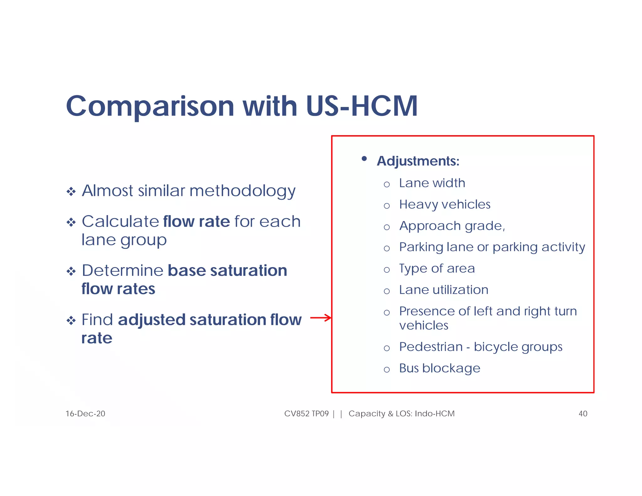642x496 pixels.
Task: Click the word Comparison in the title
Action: [x=150, y=107]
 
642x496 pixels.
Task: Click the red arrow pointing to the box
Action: [x=320, y=318]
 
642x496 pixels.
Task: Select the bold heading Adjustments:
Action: [x=418, y=161]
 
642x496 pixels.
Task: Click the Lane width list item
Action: [x=432, y=183]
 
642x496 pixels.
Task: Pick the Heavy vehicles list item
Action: [x=445, y=204]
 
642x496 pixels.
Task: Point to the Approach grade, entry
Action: [x=452, y=226]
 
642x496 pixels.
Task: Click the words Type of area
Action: [x=437, y=269]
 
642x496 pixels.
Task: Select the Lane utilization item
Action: [x=444, y=290]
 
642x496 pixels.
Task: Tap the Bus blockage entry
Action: [x=439, y=368]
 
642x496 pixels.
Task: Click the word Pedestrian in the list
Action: [x=431, y=347]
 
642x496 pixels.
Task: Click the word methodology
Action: [x=242, y=191]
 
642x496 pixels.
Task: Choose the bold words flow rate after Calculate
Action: [x=197, y=222]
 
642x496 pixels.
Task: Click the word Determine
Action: [x=123, y=271]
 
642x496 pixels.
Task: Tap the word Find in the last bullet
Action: [x=97, y=320]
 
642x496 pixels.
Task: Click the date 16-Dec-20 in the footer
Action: [x=85, y=414]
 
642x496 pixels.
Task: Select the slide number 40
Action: [x=583, y=414]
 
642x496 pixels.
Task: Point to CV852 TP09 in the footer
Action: [x=306, y=414]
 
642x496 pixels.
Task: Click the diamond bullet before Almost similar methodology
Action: [x=71, y=192]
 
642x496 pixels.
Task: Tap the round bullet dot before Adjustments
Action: [x=364, y=159]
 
